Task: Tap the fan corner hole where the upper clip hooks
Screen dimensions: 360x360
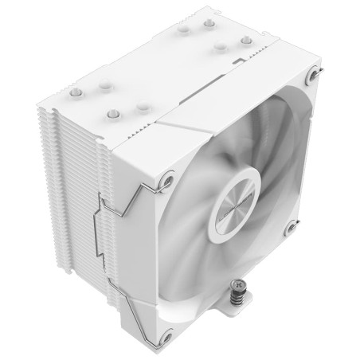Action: click(166, 182)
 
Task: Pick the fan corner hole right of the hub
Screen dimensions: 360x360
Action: click(291, 227)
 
